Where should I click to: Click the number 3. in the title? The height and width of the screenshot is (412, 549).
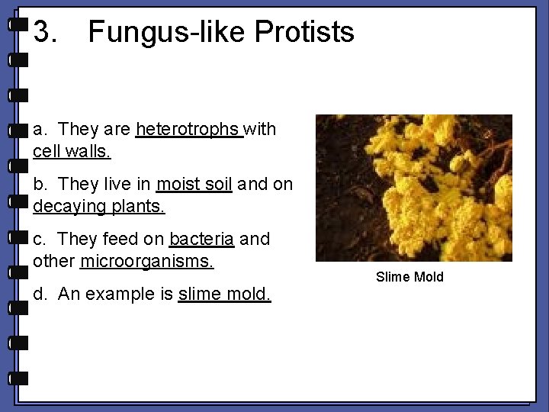tap(45, 33)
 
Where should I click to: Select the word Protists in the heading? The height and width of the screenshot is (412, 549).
tap(304, 33)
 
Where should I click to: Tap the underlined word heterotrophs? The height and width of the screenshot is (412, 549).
tap(188, 130)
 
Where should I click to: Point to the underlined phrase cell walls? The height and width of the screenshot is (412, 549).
tap(72, 151)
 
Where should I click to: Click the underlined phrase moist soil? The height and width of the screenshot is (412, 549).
tap(194, 185)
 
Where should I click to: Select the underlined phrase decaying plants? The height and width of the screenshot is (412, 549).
tap(98, 206)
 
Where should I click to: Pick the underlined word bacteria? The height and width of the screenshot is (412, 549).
tap(201, 240)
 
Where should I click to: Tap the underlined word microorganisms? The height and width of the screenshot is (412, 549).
tap(146, 261)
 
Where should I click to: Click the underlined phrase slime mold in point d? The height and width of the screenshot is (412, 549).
tap(223, 295)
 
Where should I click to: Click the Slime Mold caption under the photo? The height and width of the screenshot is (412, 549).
tap(409, 277)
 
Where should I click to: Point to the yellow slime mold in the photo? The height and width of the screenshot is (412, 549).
tap(404, 183)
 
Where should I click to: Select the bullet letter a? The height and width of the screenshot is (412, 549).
tap(40, 130)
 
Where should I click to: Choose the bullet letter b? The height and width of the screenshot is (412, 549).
tap(40, 185)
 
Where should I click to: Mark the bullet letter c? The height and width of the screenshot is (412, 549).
tap(40, 240)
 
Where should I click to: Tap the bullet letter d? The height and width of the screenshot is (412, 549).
tap(40, 295)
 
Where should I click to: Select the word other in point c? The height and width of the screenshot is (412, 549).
tap(54, 261)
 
